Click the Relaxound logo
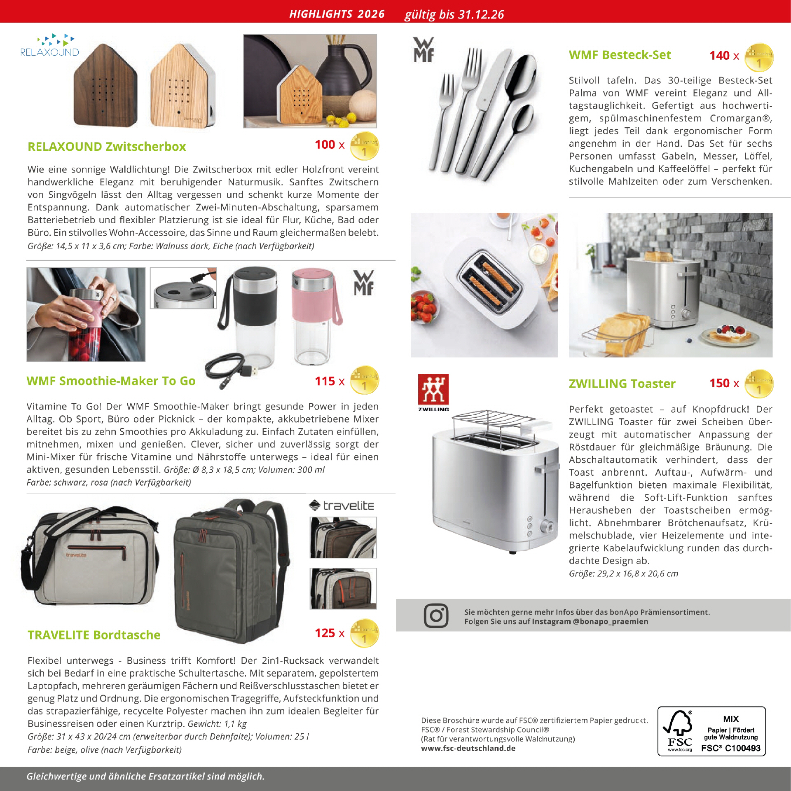click(49, 46)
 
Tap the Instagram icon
click(436, 616)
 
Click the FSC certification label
click(711, 731)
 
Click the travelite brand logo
click(342, 505)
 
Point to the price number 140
click(719, 56)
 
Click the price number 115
click(325, 381)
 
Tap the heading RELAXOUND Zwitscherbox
click(107, 147)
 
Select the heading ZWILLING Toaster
click(622, 384)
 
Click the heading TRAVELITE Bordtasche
click(94, 635)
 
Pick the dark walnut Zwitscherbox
click(105, 91)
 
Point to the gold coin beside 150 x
click(759, 384)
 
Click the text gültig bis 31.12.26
click(454, 15)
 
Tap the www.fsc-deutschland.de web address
click(468, 749)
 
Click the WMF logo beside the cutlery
click(424, 50)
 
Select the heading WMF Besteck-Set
click(620, 55)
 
